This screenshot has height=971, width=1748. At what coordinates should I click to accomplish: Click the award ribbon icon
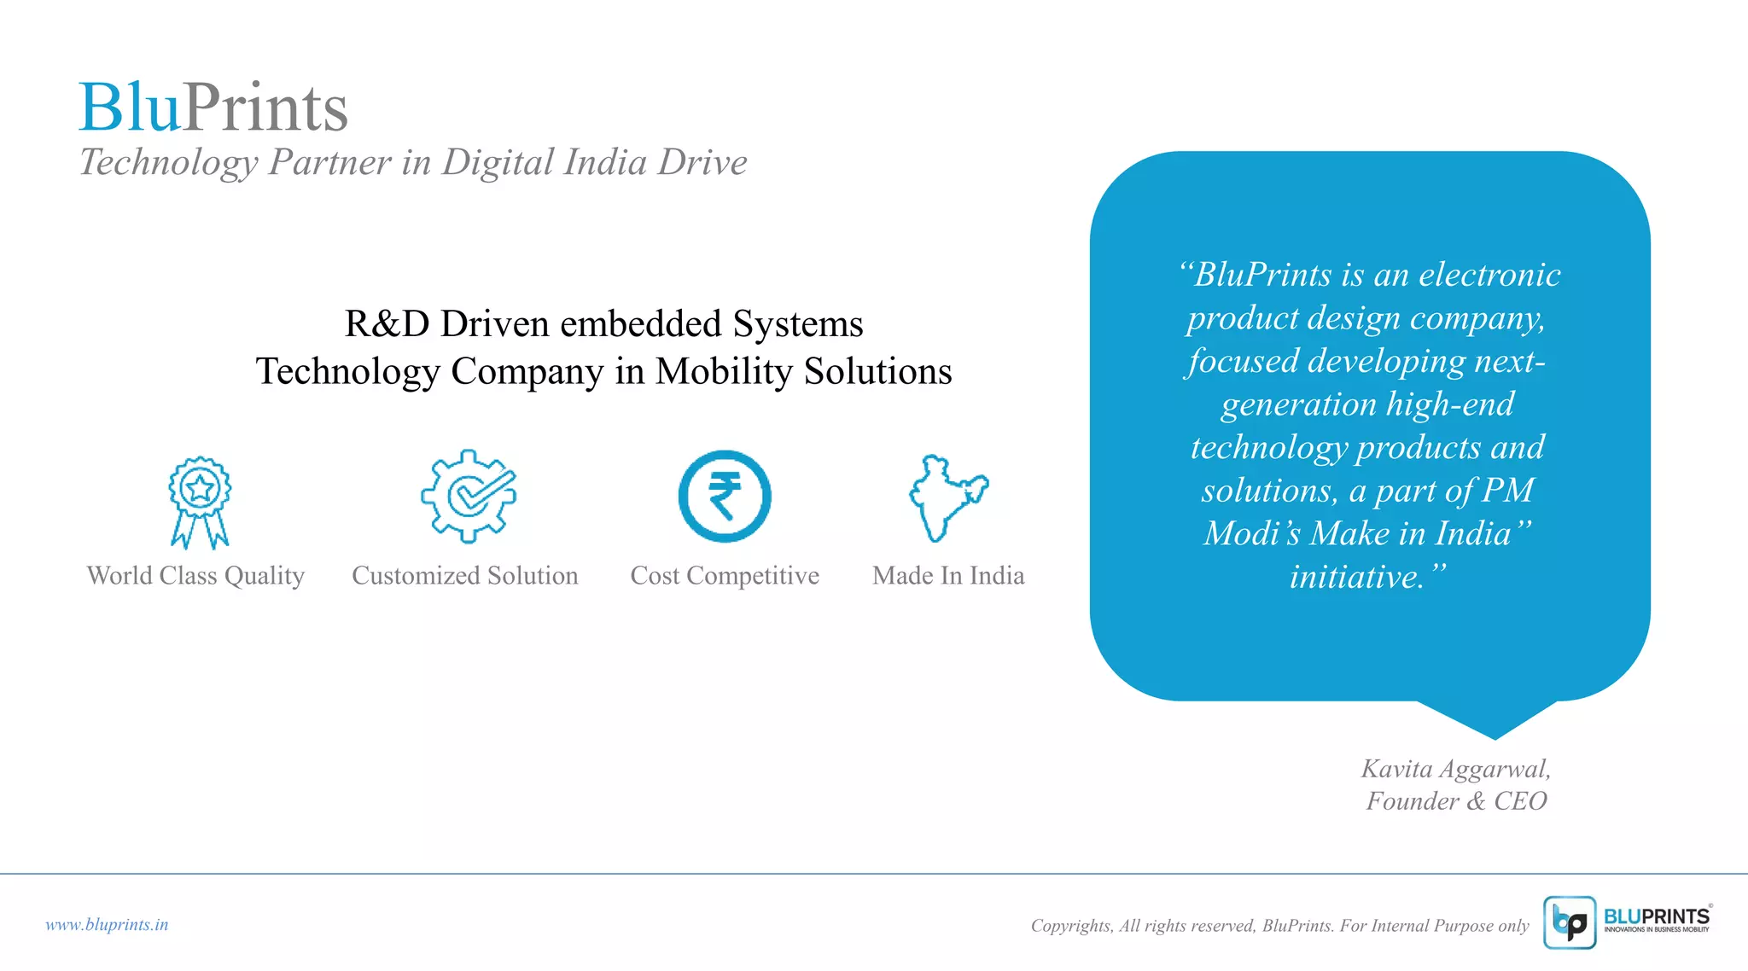[200, 501]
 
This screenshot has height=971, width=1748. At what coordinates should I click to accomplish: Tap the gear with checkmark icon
[469, 496]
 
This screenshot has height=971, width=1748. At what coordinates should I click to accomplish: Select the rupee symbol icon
[725, 496]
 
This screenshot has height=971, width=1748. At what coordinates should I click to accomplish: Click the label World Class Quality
[195, 576]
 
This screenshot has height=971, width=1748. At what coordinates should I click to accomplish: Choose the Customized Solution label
[465, 576]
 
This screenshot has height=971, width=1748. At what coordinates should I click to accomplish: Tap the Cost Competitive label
[725, 576]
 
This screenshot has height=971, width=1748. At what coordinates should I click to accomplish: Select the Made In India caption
[948, 576]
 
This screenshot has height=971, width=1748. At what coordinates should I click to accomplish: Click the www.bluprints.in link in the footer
[107, 925]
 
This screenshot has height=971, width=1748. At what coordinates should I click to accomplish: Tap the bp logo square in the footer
[1570, 922]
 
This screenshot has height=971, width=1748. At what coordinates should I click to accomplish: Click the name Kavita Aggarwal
[1455, 769]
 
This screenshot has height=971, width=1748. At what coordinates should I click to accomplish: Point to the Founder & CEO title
[1456, 801]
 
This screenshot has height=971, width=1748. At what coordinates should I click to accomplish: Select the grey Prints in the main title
[265, 108]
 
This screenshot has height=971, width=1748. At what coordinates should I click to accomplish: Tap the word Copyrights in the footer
[1071, 926]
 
